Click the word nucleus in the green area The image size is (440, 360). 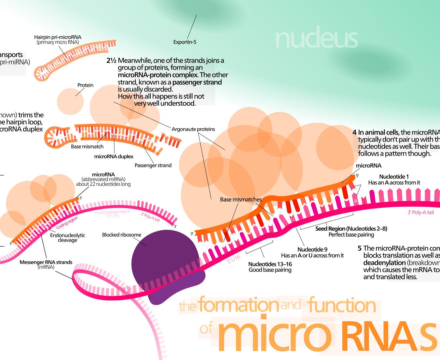click(316, 39)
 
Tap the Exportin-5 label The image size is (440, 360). click(185, 42)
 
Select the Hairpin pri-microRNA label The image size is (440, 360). click(58, 37)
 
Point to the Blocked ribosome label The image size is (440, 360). click(121, 235)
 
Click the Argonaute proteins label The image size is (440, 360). click(193, 129)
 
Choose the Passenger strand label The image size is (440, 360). click(153, 165)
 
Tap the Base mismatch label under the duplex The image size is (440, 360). click(87, 146)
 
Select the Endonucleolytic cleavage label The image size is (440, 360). click(68, 238)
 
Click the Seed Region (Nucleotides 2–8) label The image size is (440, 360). click(351, 229)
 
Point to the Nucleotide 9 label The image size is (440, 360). click(312, 250)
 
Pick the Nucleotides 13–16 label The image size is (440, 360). click(270, 264)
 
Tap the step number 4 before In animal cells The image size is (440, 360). click(354, 132)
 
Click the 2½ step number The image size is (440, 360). click(111, 61)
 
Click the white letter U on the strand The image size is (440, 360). click(292, 219)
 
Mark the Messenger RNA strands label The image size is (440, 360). click(46, 262)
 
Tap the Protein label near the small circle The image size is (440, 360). click(85, 85)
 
